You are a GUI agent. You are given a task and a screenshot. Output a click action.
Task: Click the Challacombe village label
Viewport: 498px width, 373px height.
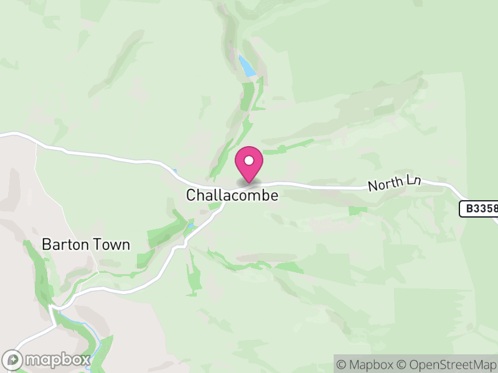[232, 195]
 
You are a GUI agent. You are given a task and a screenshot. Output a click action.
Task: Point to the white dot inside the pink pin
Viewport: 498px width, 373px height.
[249, 160]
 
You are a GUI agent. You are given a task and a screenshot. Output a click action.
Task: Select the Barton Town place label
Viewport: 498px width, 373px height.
[86, 244]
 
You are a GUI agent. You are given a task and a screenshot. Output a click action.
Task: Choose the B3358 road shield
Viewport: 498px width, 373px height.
[479, 209]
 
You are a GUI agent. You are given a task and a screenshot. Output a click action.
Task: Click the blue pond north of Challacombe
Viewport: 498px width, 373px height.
[247, 67]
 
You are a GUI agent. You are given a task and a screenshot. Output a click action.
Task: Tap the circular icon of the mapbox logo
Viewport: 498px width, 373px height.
[13, 359]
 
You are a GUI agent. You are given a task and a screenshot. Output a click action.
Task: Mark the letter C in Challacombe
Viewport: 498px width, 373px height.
[191, 195]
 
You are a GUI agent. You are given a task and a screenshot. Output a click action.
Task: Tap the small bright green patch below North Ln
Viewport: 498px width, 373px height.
[357, 211]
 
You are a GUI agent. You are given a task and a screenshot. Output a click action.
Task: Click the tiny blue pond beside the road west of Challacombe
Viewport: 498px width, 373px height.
[176, 172]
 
